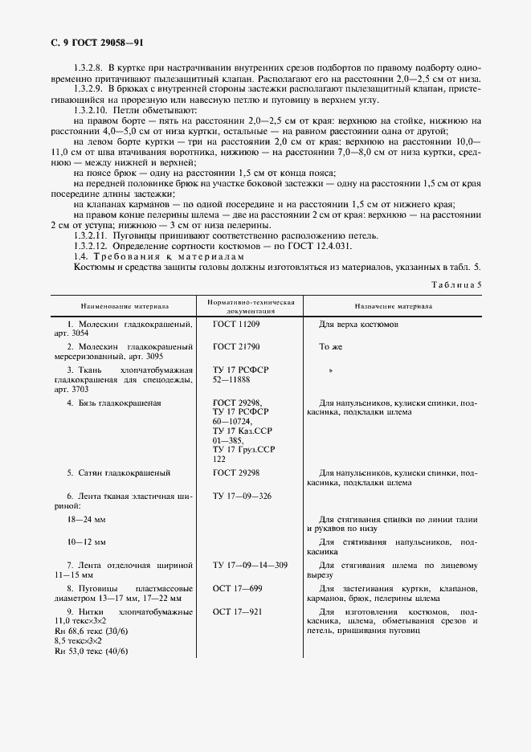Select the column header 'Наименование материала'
[x=124, y=306]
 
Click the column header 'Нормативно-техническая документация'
[x=251, y=306]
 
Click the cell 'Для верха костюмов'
[x=359, y=325]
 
